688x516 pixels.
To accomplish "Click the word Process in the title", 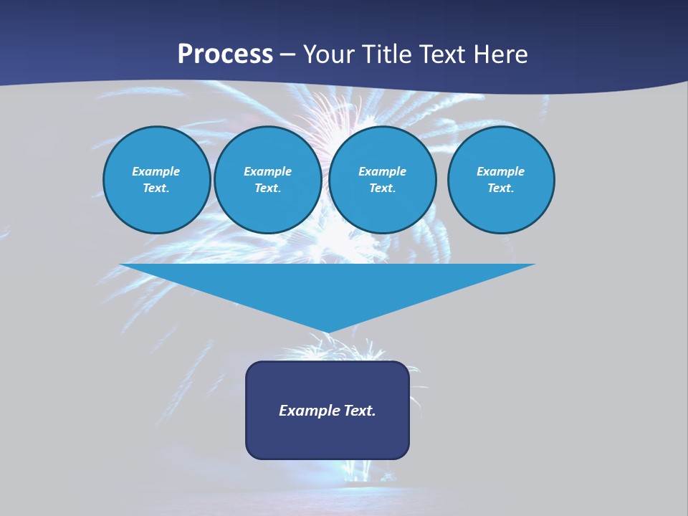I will [x=225, y=54].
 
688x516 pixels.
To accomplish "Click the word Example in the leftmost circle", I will [x=156, y=171].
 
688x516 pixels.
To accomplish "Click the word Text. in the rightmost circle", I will [x=501, y=188].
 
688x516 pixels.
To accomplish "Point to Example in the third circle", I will [x=382, y=171].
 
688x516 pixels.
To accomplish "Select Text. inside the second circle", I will [x=268, y=188].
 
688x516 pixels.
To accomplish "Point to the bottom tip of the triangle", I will [x=328, y=331].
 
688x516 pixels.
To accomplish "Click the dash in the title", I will [x=288, y=55].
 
